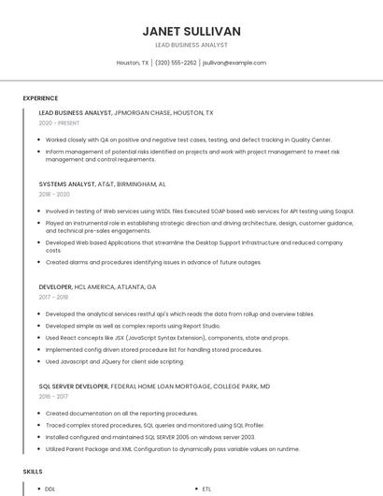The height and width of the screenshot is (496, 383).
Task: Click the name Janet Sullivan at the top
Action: click(191, 31)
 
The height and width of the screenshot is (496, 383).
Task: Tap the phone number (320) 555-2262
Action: click(176, 63)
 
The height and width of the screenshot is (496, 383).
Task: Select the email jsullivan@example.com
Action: click(234, 63)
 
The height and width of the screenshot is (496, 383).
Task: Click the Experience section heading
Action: click(40, 98)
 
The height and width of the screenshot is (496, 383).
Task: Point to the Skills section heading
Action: click(33, 473)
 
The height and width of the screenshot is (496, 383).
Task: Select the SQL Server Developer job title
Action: click(74, 386)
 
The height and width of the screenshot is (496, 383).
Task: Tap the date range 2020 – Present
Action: click(60, 123)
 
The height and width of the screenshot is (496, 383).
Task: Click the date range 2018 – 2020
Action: click(54, 195)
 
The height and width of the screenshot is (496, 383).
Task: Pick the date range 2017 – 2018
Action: click(54, 297)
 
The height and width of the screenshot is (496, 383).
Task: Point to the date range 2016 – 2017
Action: click(54, 396)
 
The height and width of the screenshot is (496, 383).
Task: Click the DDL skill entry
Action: click(50, 489)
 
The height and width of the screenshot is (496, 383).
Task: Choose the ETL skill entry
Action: click(206, 489)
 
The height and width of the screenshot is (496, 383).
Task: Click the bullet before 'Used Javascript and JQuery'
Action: click(40, 361)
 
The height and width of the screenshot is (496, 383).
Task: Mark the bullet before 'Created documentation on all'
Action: click(40, 413)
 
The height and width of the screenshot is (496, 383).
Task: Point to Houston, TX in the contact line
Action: click(133, 63)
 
